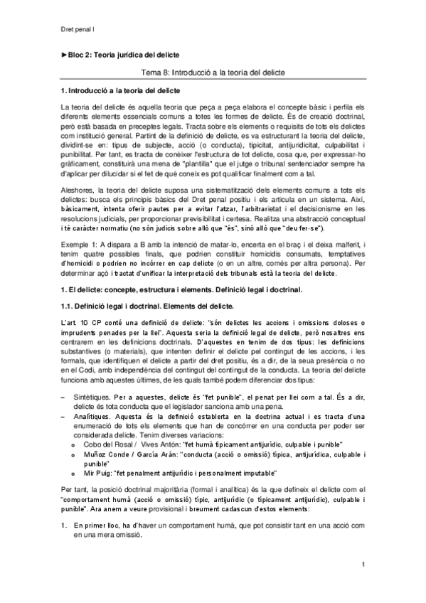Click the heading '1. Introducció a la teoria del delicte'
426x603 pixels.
click(x=121, y=92)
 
